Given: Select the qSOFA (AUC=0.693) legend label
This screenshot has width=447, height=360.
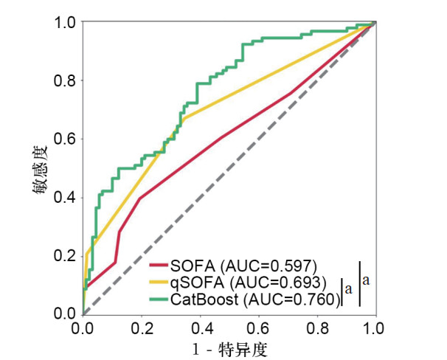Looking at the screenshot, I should [x=248, y=283].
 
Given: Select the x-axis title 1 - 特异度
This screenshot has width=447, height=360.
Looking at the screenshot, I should [x=229, y=347].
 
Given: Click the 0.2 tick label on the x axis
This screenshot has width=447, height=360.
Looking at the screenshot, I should [x=141, y=327].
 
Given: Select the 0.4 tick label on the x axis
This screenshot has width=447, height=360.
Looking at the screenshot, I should [x=200, y=327].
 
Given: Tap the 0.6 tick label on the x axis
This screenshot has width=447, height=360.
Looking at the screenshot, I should [x=258, y=327].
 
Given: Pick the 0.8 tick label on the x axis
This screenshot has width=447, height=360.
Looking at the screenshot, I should [x=317, y=327].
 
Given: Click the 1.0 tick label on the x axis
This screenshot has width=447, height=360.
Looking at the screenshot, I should [x=375, y=327].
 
